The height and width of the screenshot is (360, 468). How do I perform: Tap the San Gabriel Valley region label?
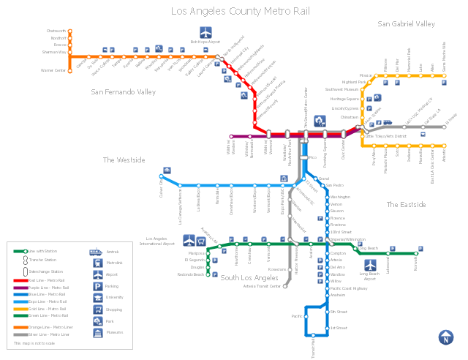tap(406, 24)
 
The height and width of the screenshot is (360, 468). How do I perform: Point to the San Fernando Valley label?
tap(124, 92)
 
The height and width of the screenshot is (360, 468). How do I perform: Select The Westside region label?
tap(124, 160)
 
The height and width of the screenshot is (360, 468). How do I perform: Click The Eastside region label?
tap(406, 205)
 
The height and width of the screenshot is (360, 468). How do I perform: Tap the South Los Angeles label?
tap(249, 278)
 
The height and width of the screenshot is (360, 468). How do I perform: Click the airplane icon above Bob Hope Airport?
tap(205, 33)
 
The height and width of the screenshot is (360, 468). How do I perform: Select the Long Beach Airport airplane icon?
tap(370, 264)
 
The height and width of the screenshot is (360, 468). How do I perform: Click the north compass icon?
tap(445, 337)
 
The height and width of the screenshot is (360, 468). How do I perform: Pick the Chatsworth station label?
tap(56, 31)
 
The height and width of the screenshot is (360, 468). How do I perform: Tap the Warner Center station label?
tap(53, 71)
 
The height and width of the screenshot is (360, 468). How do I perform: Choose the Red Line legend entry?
tap(48, 280)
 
